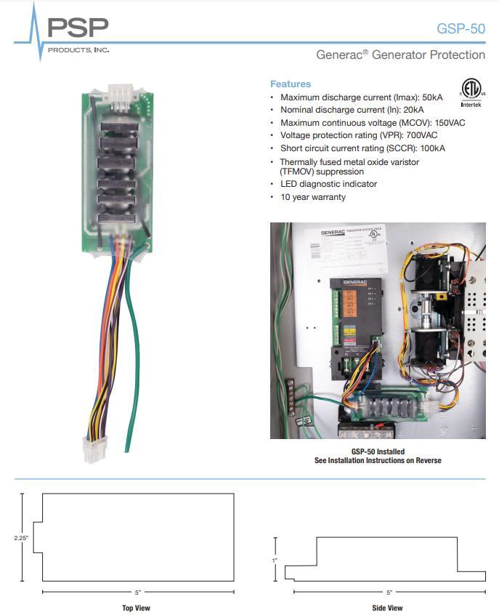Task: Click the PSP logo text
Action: click(78, 28)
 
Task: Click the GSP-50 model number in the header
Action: click(461, 29)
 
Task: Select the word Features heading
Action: click(290, 84)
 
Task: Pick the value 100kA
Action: click(430, 148)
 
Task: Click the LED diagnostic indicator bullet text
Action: click(328, 185)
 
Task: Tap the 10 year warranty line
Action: click(313, 197)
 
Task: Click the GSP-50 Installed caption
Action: click(377, 451)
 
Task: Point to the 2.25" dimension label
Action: click(20, 538)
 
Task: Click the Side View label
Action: click(387, 608)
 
